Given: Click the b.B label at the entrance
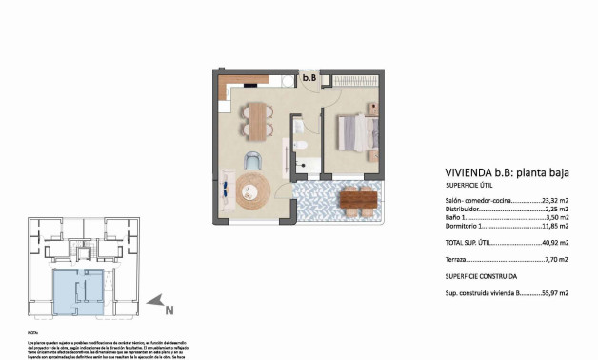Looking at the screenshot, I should point(309,78).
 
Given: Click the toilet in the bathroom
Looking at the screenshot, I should point(300,147).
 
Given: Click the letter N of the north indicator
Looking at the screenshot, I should point(168,309).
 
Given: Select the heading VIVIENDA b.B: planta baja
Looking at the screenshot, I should point(506,171).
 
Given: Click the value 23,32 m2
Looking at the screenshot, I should point(554,201).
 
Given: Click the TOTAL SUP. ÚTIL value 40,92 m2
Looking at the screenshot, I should point(554,243).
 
